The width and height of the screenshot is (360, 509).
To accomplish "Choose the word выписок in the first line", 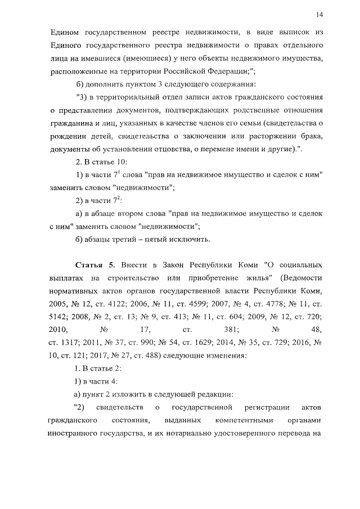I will [x=292, y=31].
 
